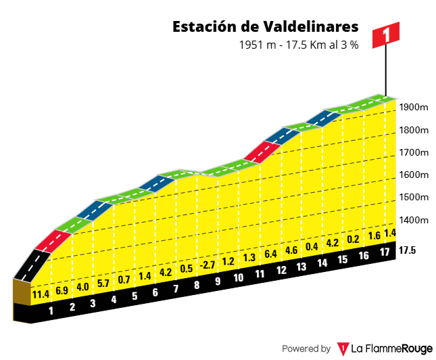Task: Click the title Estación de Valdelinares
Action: [265, 27]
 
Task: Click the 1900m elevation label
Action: [414, 108]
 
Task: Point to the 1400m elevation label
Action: [414, 220]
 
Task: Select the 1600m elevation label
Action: [414, 175]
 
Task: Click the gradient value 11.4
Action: [41, 294]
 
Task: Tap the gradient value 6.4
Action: [270, 254]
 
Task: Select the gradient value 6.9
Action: [62, 290]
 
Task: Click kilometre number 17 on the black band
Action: [384, 252]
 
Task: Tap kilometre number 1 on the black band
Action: [51, 312]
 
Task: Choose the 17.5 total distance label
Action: [408, 250]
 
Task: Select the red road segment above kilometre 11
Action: [258, 152]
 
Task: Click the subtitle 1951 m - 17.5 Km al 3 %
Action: [298, 45]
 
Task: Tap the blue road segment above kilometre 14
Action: [320, 118]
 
